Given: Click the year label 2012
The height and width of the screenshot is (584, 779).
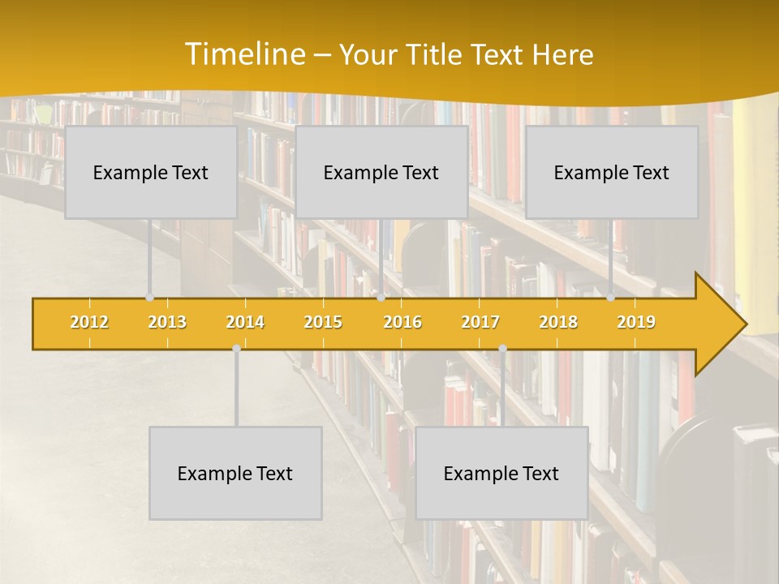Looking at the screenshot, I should (89, 322).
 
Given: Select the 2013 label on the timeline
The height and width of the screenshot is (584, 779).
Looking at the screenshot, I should (167, 322).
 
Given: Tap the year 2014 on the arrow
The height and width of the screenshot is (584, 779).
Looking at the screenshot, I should (245, 322).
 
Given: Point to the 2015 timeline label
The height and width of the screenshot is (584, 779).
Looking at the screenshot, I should (323, 322).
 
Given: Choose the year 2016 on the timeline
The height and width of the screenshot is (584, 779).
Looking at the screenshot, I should (402, 322).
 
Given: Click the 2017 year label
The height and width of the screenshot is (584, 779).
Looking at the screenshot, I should (480, 322).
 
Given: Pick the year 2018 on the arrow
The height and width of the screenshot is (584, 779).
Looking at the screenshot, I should (558, 322).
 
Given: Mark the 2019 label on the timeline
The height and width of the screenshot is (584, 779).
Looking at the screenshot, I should (636, 322).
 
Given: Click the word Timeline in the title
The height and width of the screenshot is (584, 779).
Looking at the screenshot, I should (243, 54).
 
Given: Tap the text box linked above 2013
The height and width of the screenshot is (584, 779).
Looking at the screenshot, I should (151, 172).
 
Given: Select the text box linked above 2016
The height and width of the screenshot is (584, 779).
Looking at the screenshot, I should (381, 172).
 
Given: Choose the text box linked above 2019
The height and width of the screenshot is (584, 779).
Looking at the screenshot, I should (612, 172).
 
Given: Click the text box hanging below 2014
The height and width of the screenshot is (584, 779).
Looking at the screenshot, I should (235, 473).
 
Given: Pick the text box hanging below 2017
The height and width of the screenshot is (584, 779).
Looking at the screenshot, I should (501, 473).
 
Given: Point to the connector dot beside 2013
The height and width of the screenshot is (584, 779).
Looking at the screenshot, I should (149, 298).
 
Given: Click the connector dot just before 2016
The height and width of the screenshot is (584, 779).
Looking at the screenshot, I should (381, 298).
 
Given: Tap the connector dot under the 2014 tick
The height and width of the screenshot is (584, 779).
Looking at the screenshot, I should (236, 348).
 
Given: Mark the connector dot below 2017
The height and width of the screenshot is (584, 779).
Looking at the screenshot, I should (502, 348).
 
